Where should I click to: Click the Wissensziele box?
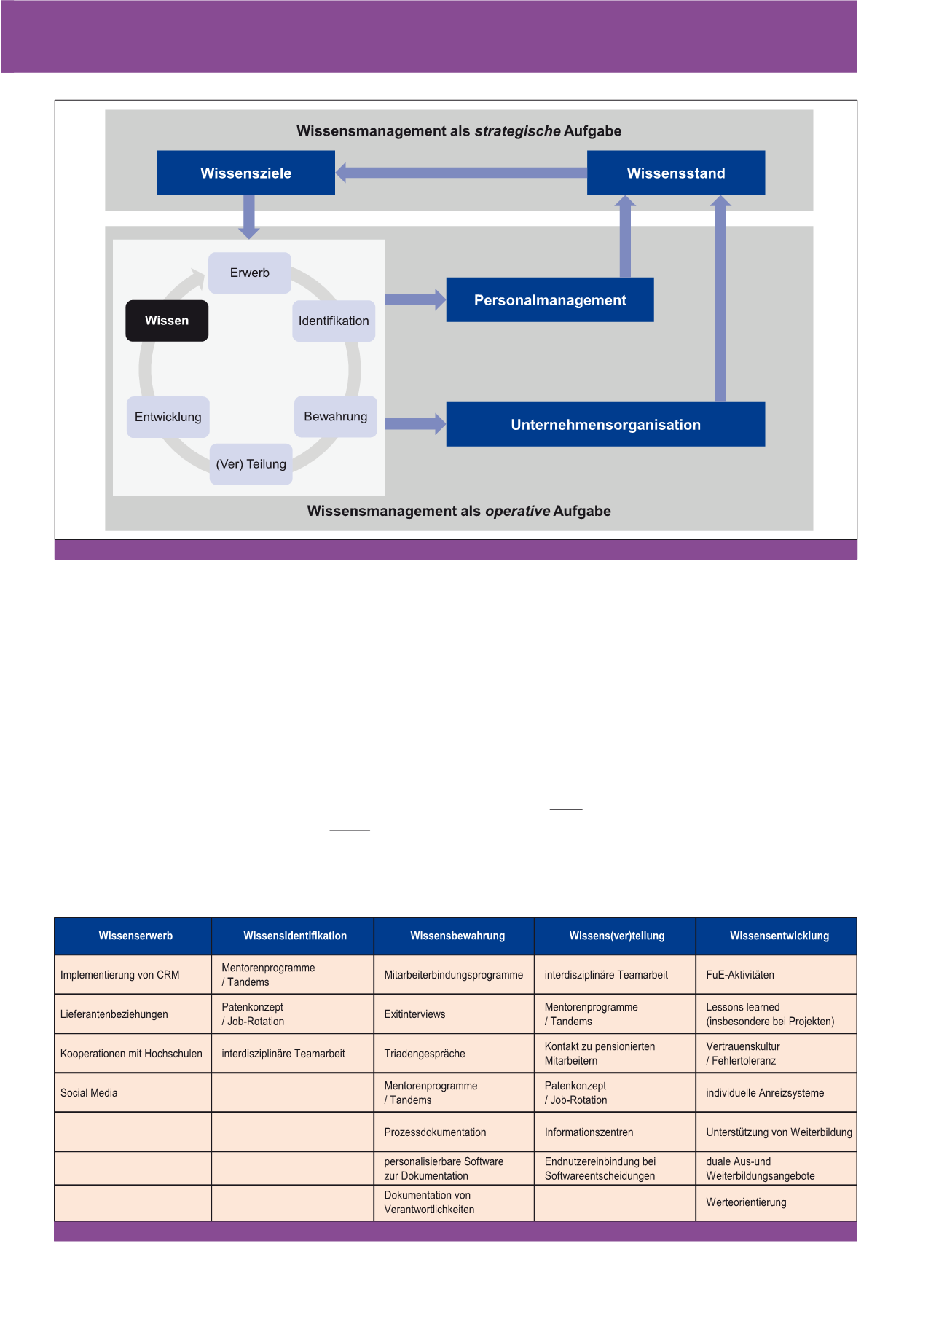tap(245, 173)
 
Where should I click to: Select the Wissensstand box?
tap(675, 173)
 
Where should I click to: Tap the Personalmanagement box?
tap(549, 299)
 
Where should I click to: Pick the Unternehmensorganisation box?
tap(605, 424)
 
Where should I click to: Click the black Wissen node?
tap(167, 321)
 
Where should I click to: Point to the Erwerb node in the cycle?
tap(250, 273)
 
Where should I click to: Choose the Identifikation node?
tap(334, 321)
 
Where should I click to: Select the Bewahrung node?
tap(335, 416)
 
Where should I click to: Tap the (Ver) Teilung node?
tap(251, 464)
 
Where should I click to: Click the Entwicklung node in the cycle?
tap(168, 417)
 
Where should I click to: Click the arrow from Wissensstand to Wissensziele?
tap(461, 173)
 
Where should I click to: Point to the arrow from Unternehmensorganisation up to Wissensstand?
tap(720, 299)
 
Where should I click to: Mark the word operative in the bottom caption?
tap(517, 511)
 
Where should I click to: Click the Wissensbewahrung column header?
tap(457, 936)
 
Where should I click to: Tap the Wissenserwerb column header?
tap(135, 936)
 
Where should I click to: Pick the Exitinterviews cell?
tap(414, 1014)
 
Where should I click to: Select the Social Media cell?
tap(89, 1093)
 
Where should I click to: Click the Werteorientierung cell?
tap(746, 1202)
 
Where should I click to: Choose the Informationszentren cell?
tap(589, 1132)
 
